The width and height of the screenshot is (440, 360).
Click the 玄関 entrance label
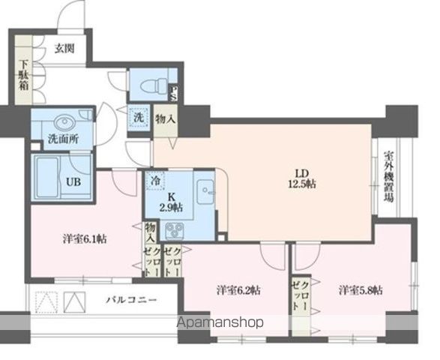pyautogui.click(x=64, y=49)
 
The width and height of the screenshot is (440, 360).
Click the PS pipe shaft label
pyautogui.click(x=173, y=92)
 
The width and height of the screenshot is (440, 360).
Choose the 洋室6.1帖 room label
pyautogui.click(x=83, y=239)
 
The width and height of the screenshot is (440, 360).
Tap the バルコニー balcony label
pyautogui.click(x=130, y=300)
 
